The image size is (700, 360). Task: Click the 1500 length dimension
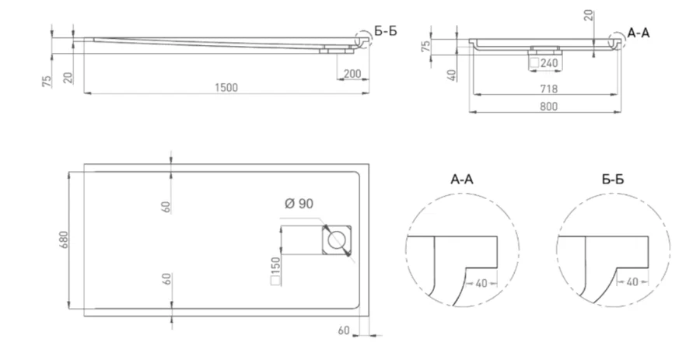click(x=226, y=86)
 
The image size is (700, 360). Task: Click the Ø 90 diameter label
click(x=300, y=204)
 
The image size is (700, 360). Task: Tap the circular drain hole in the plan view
click(x=338, y=239)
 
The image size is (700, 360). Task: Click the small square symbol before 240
click(x=534, y=62)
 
